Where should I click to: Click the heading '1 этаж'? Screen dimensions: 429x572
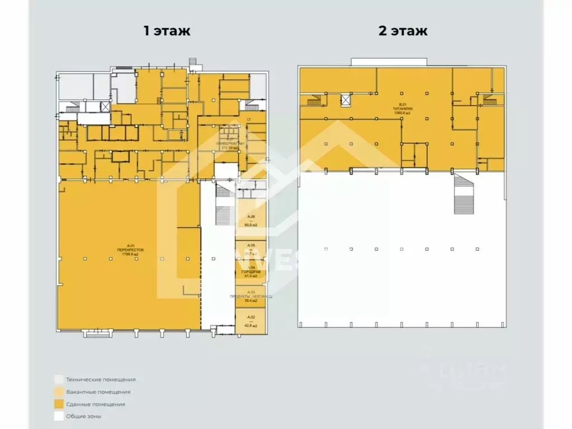167,31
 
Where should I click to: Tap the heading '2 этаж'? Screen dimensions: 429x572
403,31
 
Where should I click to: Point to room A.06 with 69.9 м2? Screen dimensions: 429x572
250,221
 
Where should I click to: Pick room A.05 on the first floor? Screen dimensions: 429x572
250,250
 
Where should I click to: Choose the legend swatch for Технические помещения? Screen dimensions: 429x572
58,379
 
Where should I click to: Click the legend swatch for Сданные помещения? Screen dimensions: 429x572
58,404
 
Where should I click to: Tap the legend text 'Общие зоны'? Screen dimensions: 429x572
83,416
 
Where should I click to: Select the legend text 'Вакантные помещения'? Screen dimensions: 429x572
98,392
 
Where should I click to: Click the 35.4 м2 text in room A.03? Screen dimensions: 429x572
250,301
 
